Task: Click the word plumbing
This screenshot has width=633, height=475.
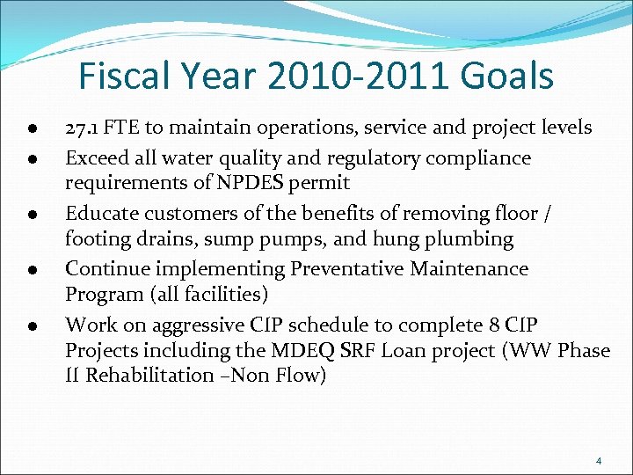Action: click(469, 238)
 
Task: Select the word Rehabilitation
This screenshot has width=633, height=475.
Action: click(149, 376)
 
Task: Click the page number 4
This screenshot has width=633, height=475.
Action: click(598, 461)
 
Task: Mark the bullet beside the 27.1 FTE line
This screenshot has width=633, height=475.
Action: click(31, 129)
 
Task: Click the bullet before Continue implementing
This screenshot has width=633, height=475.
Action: click(31, 270)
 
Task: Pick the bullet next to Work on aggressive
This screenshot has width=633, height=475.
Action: click(31, 325)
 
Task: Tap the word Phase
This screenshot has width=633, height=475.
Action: click(582, 350)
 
